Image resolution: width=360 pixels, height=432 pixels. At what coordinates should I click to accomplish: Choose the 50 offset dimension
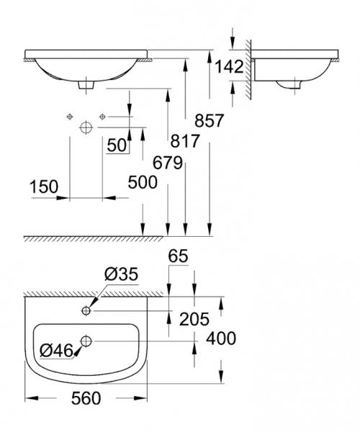(117, 145)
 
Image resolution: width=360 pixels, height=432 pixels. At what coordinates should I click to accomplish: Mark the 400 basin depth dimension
(221, 338)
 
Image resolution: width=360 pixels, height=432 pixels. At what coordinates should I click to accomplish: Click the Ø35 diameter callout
(120, 274)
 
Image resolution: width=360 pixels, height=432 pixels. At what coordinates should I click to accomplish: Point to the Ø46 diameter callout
(55, 351)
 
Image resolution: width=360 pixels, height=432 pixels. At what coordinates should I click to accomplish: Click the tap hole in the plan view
(86, 310)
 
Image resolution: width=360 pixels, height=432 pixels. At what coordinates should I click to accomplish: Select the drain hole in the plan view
(86, 341)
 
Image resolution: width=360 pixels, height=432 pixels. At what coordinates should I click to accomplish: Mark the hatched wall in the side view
(247, 68)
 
